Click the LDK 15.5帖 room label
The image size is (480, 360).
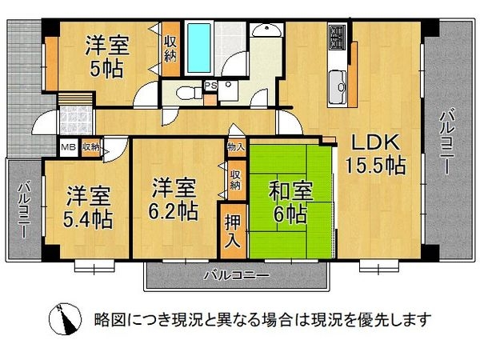coord(374,154)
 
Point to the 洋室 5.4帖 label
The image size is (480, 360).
coord(89,206)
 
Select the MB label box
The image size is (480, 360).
coord(69,147)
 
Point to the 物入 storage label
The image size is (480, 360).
coord(235,148)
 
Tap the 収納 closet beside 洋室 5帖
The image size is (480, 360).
coord(170,50)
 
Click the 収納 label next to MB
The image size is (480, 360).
coord(90,147)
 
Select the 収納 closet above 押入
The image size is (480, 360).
coord(234,179)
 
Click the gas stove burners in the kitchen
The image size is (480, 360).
coord(337,36)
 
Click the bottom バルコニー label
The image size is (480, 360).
coord(235,275)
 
